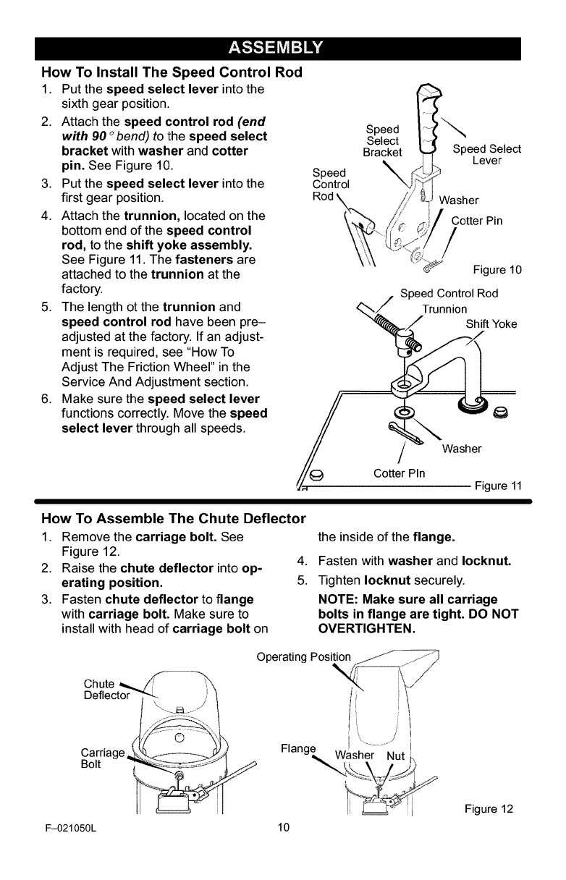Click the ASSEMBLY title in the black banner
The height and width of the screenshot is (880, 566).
(283, 48)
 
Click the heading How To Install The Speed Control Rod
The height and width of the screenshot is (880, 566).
(172, 73)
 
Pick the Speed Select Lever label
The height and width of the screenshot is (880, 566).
(486, 155)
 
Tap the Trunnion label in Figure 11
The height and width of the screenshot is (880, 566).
(444, 309)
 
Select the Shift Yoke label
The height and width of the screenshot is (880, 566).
(491, 323)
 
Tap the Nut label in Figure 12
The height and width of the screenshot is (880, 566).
(395, 757)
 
